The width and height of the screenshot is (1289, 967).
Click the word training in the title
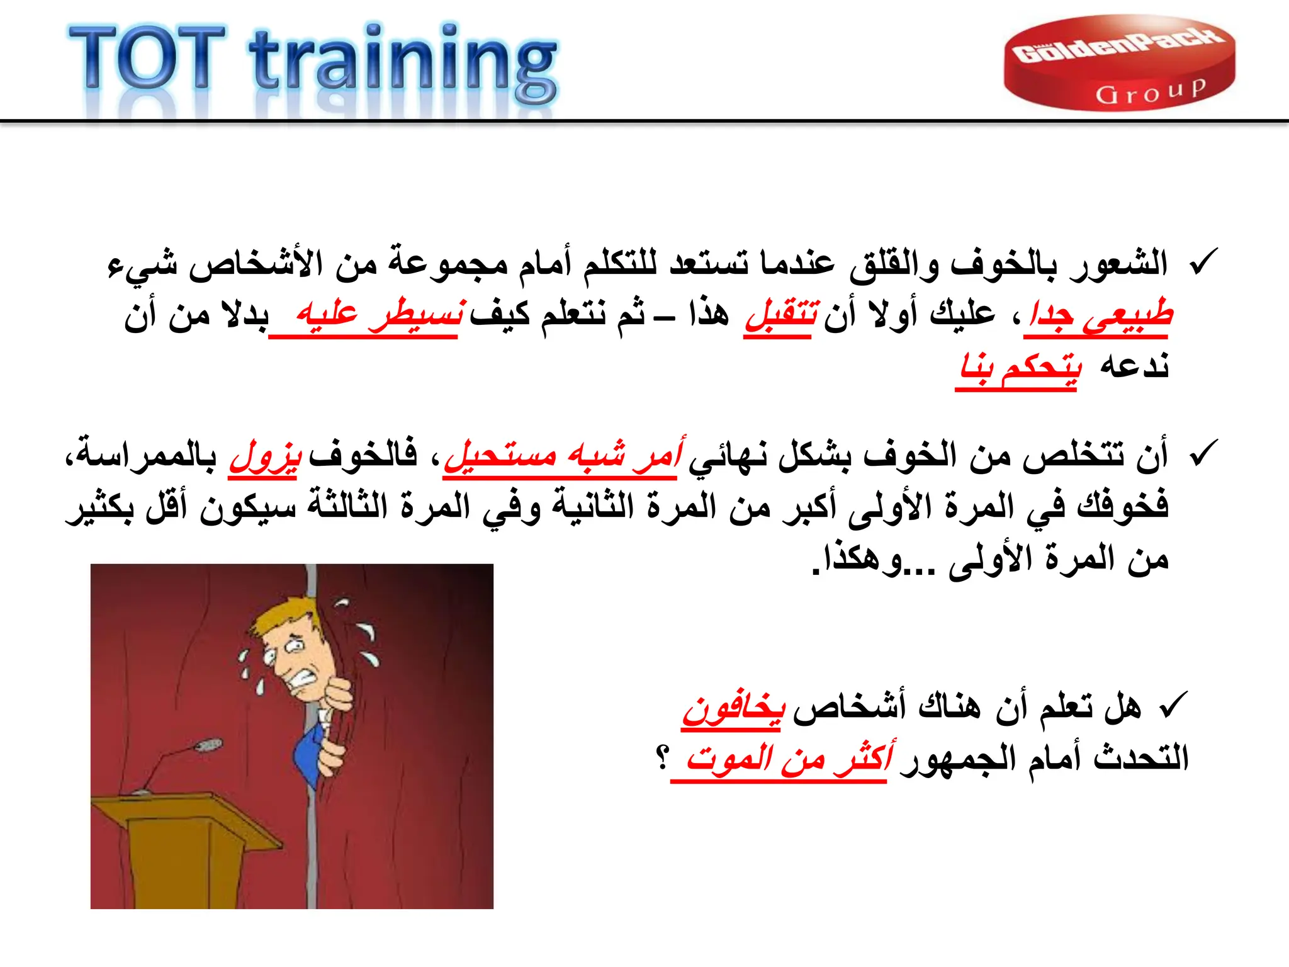coord(403,63)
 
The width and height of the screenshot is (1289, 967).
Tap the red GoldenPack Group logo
coord(1119,63)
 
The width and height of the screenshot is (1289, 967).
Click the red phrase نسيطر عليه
coord(380,314)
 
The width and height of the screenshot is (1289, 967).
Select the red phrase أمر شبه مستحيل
coord(563,455)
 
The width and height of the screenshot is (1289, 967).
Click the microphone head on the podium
coord(208,745)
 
